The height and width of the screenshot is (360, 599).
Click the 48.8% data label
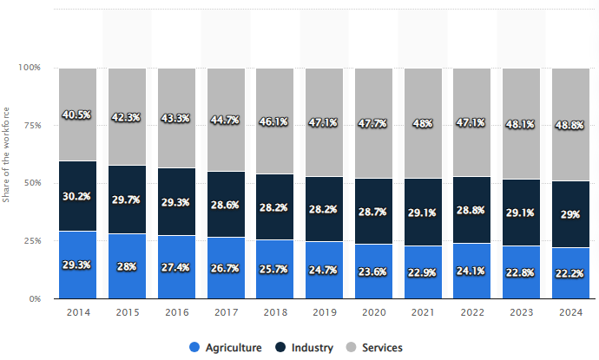click(x=571, y=125)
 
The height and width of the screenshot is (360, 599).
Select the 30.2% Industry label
click(x=77, y=196)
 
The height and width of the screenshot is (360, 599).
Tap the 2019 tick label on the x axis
click(x=324, y=312)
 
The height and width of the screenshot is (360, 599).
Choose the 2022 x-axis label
click(x=472, y=312)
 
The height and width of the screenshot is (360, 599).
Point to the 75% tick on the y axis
click(x=31, y=125)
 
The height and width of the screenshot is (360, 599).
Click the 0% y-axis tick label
click(x=36, y=298)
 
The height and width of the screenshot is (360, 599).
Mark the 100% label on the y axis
click(x=30, y=68)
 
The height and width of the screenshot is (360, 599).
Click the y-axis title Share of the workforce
click(x=7, y=183)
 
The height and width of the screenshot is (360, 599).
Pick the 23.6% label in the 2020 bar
click(x=373, y=270)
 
